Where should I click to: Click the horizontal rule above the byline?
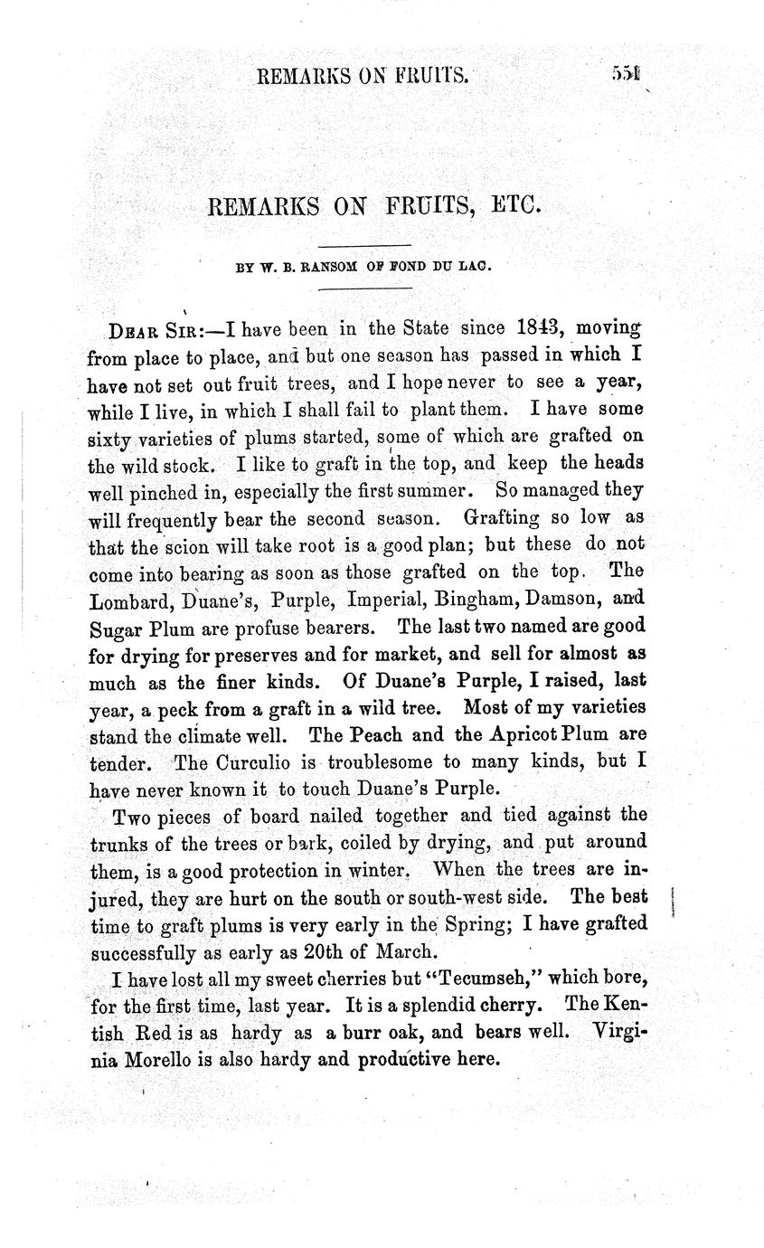[365, 245]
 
